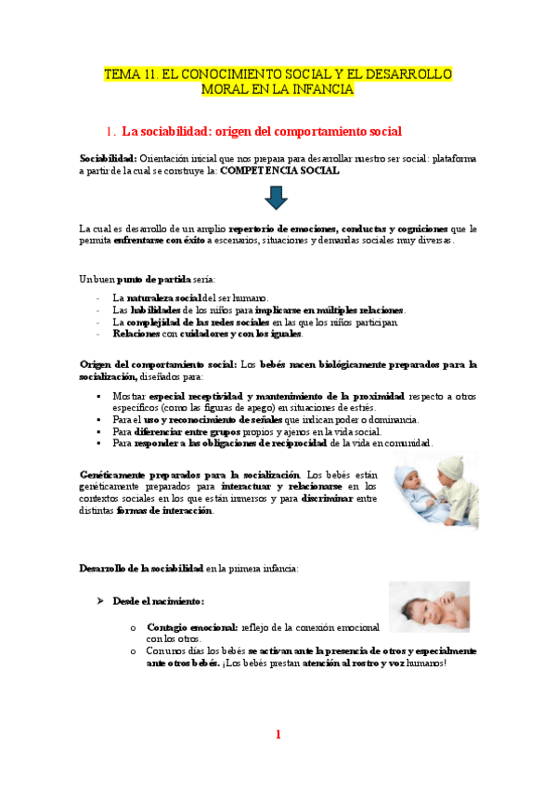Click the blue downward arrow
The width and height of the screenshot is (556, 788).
click(x=277, y=197)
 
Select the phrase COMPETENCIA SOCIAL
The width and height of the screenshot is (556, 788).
click(x=279, y=171)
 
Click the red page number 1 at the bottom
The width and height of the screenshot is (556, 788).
click(x=278, y=735)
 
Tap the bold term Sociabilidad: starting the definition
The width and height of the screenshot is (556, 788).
click(x=109, y=159)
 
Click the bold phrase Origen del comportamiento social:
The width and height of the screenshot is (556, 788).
click(x=159, y=364)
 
